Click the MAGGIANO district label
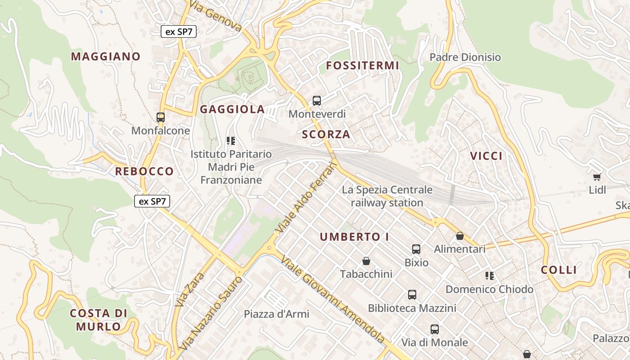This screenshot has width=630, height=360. pyautogui.click(x=106, y=56)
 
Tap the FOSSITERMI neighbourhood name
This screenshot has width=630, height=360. pyautogui.click(x=362, y=65)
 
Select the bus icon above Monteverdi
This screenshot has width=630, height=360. pyautogui.click(x=317, y=100)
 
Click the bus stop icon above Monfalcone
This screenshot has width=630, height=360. pyautogui.click(x=161, y=117)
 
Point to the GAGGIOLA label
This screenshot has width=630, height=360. pyautogui.click(x=232, y=109)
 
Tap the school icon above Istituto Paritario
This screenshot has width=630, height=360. pyautogui.click(x=231, y=140)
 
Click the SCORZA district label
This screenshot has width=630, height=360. pyautogui.click(x=326, y=134)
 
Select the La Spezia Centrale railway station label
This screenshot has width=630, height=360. pyautogui.click(x=387, y=196)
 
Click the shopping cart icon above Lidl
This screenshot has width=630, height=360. pyautogui.click(x=597, y=177)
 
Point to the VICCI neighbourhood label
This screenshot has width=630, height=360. pyautogui.click(x=486, y=156)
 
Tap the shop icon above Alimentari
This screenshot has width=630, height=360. pyautogui.click(x=459, y=236)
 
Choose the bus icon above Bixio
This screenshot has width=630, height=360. pyautogui.click(x=416, y=249)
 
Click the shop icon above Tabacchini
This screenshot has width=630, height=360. pyautogui.click(x=366, y=261)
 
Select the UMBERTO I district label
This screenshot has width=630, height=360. pyautogui.click(x=354, y=237)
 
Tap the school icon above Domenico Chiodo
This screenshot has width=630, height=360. pyautogui.click(x=490, y=275)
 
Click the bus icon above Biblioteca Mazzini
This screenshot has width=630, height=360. pyautogui.click(x=412, y=295)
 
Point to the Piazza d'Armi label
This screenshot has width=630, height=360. pyautogui.click(x=276, y=314)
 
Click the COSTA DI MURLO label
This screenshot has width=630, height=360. pyautogui.click(x=99, y=319)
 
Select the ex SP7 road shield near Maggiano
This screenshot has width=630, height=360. pyautogui.click(x=179, y=31)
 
